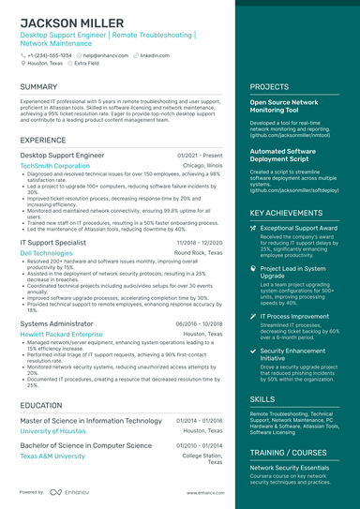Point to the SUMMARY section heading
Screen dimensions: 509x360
[39, 87]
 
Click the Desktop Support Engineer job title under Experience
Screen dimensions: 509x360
[62, 155]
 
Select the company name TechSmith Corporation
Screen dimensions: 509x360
[55, 165]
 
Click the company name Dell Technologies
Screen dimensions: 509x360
[52, 252]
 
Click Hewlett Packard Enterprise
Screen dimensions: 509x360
[61, 333]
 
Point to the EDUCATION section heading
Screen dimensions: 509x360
[41, 405]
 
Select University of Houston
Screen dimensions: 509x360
[55, 431]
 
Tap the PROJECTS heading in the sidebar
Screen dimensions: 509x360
[269, 87]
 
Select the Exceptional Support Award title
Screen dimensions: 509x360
[299, 228]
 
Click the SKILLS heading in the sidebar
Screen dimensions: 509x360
[262, 398]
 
